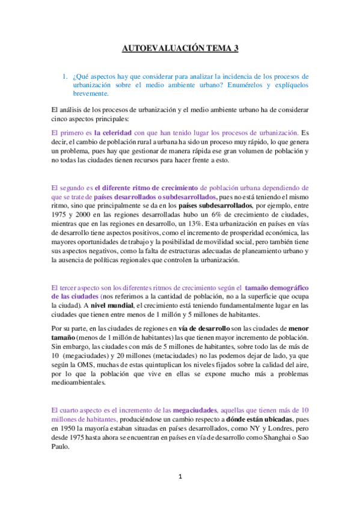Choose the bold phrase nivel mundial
(111, 306)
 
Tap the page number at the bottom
(180, 477)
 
